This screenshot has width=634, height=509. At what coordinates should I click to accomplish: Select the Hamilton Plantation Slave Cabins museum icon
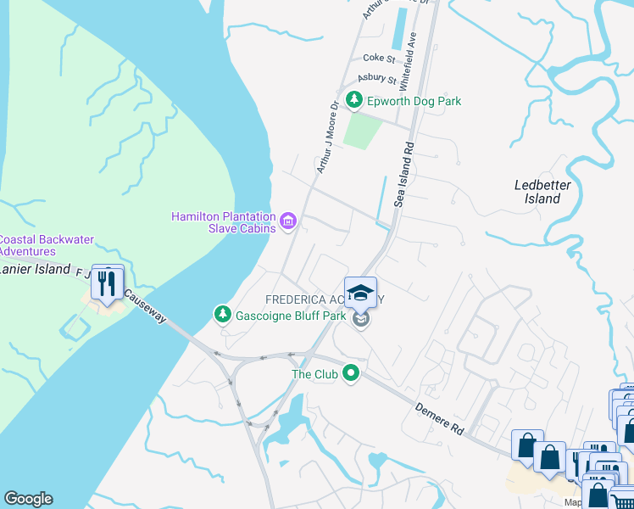[287, 222]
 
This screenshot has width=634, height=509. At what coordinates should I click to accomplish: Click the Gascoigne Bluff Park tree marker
[222, 316]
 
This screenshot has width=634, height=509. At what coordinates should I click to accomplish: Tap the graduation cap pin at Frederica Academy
[361, 293]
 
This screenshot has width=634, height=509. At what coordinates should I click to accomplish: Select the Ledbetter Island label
[542, 192]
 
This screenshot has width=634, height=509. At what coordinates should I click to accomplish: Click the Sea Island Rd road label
[403, 174]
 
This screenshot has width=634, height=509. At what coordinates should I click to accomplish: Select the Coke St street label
[379, 59]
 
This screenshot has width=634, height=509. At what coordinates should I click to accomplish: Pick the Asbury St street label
[376, 79]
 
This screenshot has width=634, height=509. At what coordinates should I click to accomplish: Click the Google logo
[28, 499]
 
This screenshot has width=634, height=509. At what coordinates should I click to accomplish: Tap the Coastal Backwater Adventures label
[42, 245]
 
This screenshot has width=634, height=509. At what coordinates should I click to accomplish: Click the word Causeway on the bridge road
[145, 308]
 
